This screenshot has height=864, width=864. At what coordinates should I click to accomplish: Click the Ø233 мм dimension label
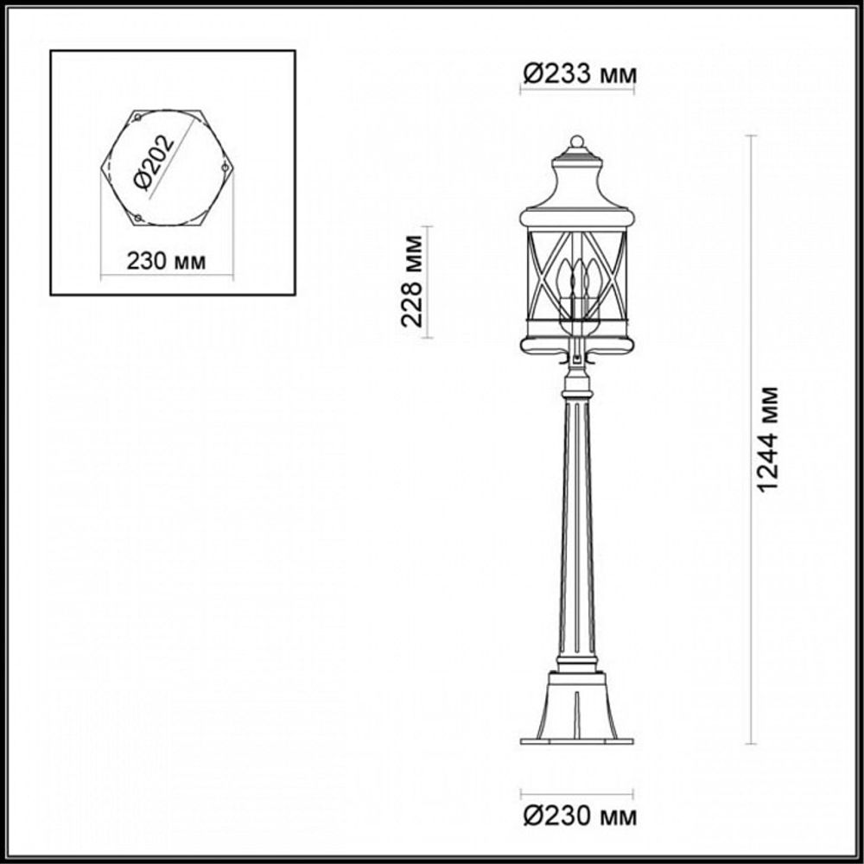click(578, 75)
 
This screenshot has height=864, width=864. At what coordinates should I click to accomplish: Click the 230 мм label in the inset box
click(167, 261)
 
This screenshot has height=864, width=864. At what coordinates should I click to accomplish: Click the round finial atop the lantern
click(577, 141)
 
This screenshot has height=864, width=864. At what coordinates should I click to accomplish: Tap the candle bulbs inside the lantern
click(577, 281)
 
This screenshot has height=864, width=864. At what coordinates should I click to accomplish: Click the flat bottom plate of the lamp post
click(576, 740)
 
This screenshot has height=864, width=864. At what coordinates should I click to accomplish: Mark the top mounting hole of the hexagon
click(137, 117)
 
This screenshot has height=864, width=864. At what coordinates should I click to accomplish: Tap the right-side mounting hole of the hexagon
click(225, 167)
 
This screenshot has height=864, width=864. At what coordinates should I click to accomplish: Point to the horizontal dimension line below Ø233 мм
click(576, 92)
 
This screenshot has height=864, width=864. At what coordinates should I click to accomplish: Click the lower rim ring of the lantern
click(576, 346)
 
